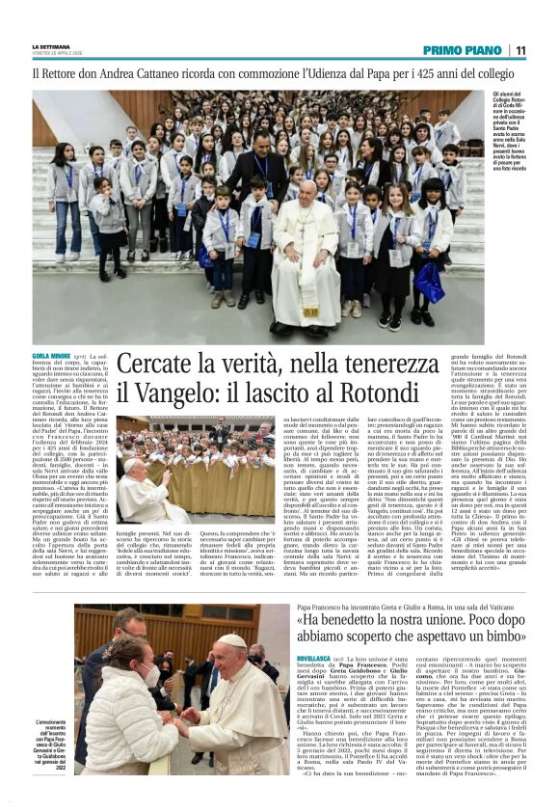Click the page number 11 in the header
(x=520, y=50)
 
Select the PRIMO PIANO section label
(x=462, y=50)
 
